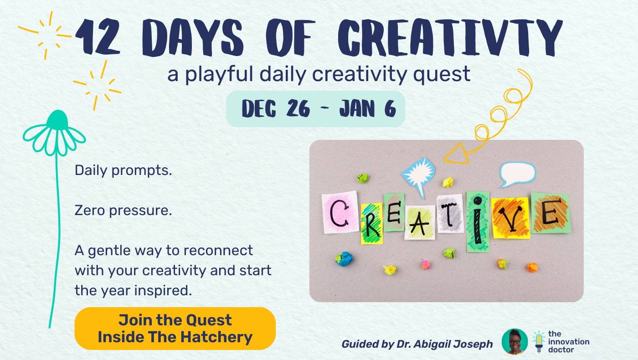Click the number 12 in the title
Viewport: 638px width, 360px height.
coord(98,37)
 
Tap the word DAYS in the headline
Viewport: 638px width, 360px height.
coord(192,37)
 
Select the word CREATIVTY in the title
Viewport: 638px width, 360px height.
coord(450,37)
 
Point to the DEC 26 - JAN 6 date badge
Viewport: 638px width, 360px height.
coord(315,109)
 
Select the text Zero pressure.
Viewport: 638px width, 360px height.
coord(123,211)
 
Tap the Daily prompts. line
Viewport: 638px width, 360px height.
coord(123,170)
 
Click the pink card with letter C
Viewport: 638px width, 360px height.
coord(340,212)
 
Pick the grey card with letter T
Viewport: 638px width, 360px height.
coord(450,214)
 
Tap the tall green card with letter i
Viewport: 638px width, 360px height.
coord(478,222)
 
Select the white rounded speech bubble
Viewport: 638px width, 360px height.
coord(517,174)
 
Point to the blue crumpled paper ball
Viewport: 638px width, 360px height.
coord(344,259)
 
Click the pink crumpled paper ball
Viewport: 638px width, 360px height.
coord(426,265)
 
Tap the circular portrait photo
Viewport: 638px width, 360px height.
coord(515,341)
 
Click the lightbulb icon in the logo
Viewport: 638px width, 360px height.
coord(539,341)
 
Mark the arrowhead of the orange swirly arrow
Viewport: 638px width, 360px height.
coord(456,154)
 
